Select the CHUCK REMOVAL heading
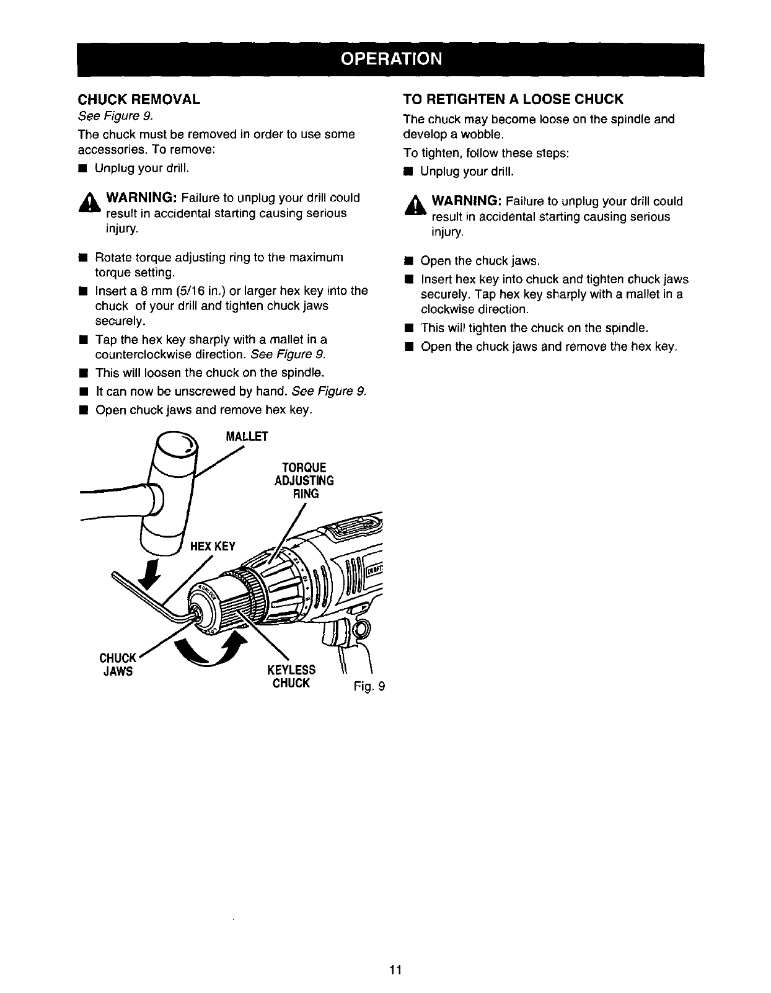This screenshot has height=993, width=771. tap(138, 100)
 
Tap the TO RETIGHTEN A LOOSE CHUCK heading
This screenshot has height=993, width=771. tap(513, 100)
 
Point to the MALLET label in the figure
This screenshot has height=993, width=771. tap(247, 436)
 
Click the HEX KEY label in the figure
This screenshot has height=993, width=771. tap(213, 546)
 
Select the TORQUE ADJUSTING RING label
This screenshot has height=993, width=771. tap(304, 480)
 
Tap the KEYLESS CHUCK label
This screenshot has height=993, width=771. tap(291, 676)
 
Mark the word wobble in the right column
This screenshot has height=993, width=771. tap(485, 135)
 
